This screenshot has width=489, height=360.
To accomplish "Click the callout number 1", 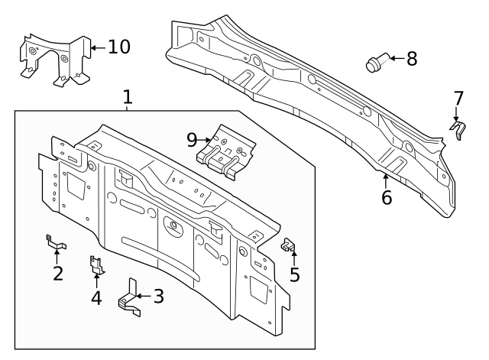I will pos(128,97).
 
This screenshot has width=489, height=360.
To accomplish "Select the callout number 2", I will pos(57,273).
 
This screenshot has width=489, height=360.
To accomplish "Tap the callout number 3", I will pos(158,296).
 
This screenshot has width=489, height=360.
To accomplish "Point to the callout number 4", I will pos(96,297).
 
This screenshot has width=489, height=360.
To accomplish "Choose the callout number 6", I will pos(387,198).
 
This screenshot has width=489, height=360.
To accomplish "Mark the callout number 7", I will pos(458,99).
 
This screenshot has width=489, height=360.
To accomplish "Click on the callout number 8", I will pos(412,59).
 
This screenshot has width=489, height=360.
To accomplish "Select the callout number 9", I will pos(192,139).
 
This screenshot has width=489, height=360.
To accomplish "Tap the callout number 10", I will pos(118,47).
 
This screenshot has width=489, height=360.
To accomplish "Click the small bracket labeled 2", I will pos(56,244).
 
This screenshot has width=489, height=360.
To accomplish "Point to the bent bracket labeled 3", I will pos(130,297).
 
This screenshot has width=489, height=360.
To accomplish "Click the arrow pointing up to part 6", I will pos(386,181).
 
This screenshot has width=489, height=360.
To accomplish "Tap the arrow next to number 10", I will pos(97,47).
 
